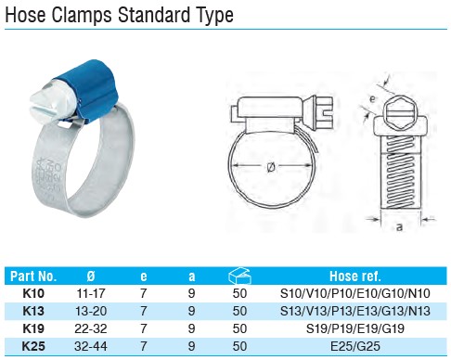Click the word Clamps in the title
82,15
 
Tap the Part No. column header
33,276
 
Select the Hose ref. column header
354,276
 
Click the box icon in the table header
239,276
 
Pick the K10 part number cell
33,293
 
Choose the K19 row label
33,328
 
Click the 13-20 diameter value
91,311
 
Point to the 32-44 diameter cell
91,346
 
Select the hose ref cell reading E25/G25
355,346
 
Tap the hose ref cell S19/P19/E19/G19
355,328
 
